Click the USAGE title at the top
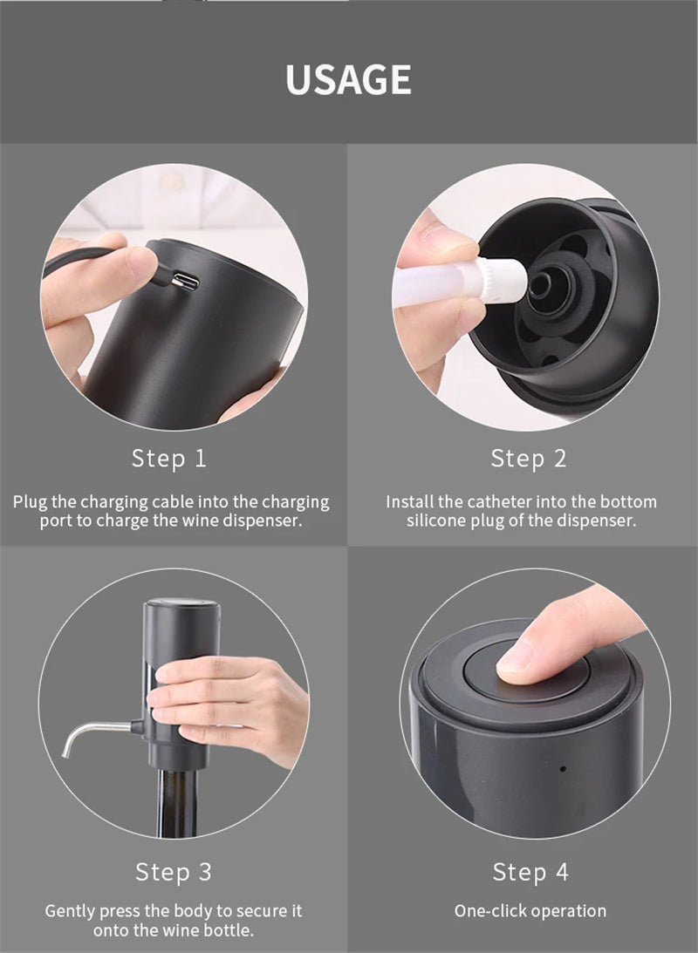pos(348,78)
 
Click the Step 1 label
pos(169,459)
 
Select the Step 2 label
pos(528,459)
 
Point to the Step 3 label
pos(173,871)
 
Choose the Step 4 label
pos(530,871)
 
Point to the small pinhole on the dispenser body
pos(562,769)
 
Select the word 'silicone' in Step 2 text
pos(437,521)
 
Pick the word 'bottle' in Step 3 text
pos(227,930)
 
